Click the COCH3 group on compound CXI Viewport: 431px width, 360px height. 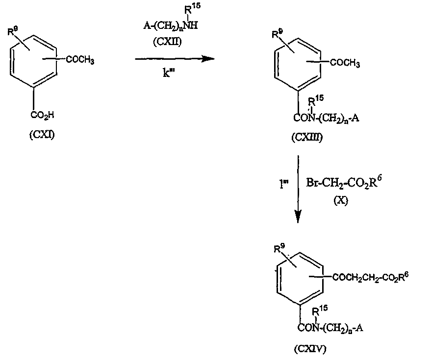click(79, 60)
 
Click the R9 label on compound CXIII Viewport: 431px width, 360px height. click(278, 34)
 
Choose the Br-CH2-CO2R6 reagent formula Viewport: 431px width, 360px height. click(338, 183)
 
